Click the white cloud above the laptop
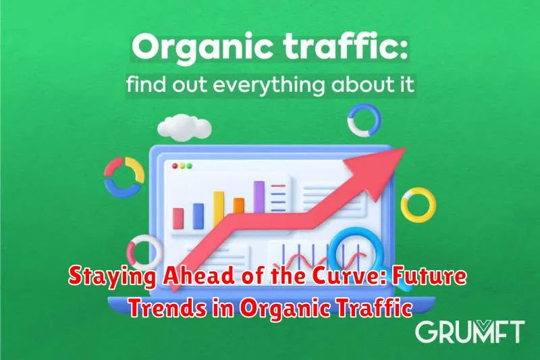(x=184, y=128)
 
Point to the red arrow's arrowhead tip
(x=406, y=148)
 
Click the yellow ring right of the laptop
(x=404, y=205)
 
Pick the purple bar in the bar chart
(x=259, y=197)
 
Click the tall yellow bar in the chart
(x=219, y=209)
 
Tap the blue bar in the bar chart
(x=198, y=216)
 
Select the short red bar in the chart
(x=178, y=218)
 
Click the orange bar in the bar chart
(x=239, y=205)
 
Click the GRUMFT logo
(x=470, y=332)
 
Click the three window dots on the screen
(x=182, y=166)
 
